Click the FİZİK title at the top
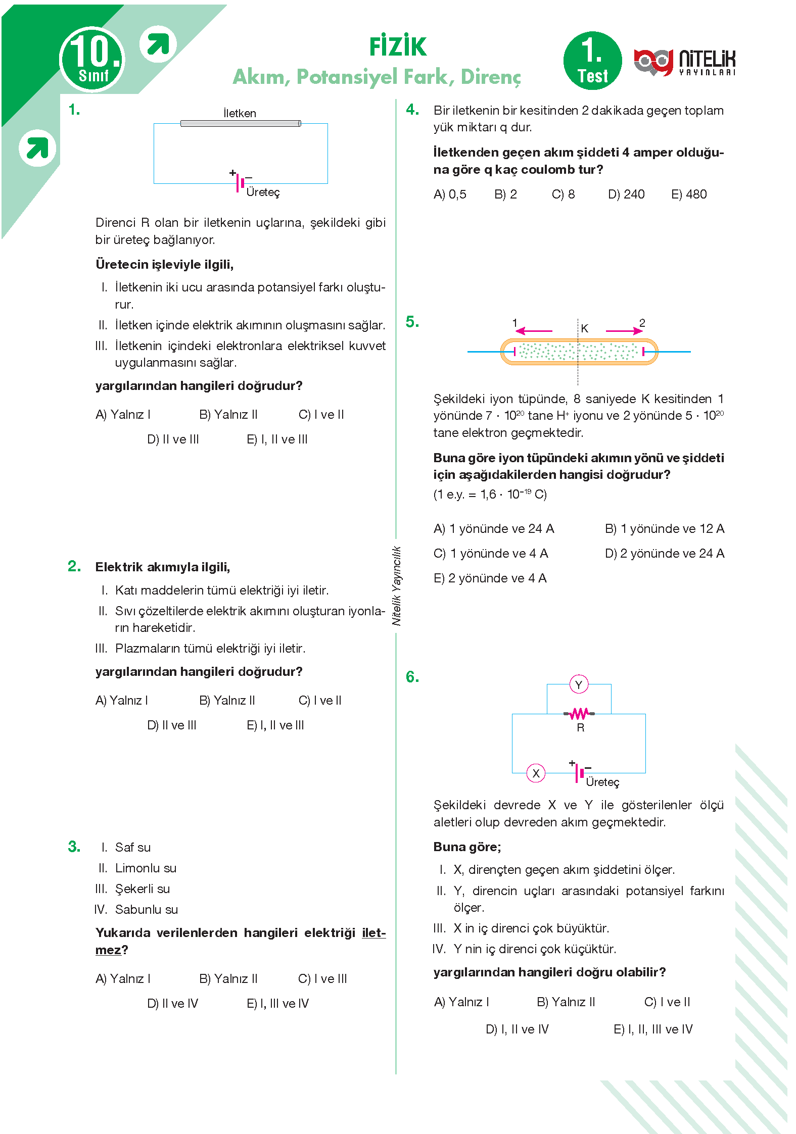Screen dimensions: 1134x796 398,46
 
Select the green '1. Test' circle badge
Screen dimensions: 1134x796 592,61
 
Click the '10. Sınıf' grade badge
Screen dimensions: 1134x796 92,60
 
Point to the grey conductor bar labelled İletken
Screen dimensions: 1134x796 241,123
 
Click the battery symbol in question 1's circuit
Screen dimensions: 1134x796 240,183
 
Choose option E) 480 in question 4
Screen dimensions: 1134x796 688,194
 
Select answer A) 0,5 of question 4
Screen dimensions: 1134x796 450,194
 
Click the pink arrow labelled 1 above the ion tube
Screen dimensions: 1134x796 534,331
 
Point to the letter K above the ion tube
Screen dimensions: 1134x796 585,328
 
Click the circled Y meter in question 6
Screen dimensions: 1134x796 579,685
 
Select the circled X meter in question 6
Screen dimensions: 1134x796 536,773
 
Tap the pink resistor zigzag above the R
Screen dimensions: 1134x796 579,713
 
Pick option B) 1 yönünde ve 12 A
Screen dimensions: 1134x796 664,529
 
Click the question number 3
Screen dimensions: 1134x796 74,847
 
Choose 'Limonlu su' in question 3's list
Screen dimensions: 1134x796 146,868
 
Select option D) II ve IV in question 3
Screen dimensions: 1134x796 172,1004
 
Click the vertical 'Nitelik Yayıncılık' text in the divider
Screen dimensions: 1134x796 397,586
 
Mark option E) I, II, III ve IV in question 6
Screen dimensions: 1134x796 652,1029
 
